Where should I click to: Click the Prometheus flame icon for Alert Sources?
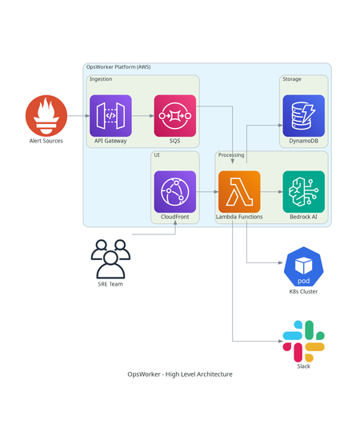(46, 115)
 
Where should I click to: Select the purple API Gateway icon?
(110, 115)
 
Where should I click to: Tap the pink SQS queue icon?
(174, 115)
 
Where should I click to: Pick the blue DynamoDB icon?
(303, 115)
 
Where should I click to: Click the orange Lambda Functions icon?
(239, 192)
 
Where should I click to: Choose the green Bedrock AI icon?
(303, 192)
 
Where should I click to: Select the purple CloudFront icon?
(174, 192)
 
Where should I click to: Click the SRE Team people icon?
(110, 258)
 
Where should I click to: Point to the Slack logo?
(303, 341)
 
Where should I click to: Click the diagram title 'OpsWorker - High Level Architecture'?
(180, 374)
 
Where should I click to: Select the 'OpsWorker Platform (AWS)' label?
(118, 67)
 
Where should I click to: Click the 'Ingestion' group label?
(101, 79)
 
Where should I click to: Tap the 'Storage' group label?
(291, 79)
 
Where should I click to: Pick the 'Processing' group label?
(231, 155)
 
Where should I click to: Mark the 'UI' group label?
(156, 155)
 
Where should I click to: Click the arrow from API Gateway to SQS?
(142, 116)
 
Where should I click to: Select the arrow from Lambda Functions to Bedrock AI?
(271, 192)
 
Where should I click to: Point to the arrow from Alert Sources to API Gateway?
(78, 116)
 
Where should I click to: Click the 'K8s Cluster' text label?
(303, 292)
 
